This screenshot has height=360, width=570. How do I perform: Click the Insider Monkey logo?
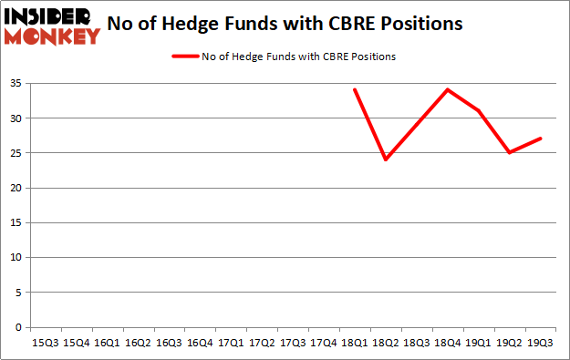click(x=52, y=26)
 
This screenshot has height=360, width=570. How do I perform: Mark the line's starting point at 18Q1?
click(x=354, y=89)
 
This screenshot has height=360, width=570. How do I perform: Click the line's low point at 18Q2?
click(x=385, y=159)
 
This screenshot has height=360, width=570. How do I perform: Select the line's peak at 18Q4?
click(x=447, y=89)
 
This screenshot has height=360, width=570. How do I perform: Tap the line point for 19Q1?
click(x=477, y=110)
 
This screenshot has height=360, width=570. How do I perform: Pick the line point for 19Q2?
click(x=508, y=152)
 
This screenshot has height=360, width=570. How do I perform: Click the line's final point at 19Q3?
click(x=539, y=139)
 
